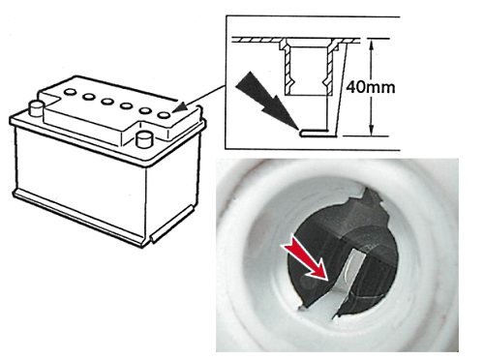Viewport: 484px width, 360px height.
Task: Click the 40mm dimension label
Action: [371, 87]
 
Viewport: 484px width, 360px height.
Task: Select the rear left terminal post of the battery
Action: [36, 108]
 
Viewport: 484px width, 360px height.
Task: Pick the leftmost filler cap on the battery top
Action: [70, 92]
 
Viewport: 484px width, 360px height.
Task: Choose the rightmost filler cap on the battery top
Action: [165, 114]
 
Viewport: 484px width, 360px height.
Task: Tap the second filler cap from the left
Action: [88, 97]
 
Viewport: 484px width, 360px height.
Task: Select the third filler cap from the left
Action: [106, 102]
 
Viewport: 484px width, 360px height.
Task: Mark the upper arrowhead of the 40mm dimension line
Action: [372, 45]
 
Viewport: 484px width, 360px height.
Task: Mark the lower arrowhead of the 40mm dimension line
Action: [372, 131]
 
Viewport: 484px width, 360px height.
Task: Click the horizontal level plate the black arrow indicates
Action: [318, 133]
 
